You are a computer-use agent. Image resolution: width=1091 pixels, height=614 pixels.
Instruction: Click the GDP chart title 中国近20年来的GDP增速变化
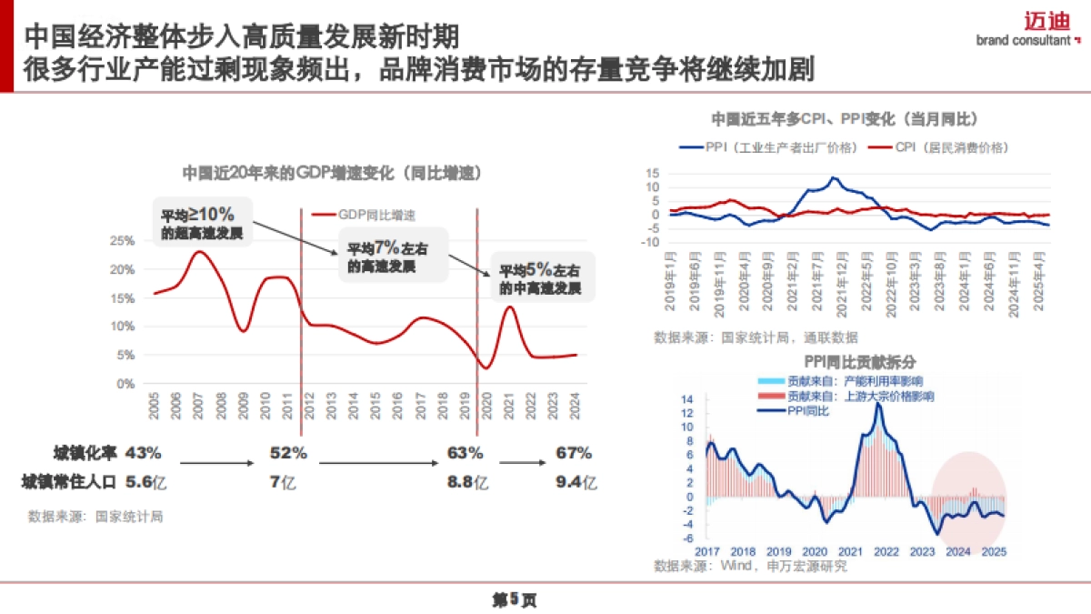click(331, 173)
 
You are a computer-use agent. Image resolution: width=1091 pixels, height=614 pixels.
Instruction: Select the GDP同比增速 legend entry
click(364, 215)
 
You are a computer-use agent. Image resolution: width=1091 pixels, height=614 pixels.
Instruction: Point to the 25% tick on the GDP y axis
click(122, 241)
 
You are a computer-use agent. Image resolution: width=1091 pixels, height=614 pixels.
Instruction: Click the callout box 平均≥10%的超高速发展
click(202, 223)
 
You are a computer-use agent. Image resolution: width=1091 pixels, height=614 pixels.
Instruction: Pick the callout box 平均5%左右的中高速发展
click(540, 279)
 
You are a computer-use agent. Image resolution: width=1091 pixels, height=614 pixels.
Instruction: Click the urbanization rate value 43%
click(144, 453)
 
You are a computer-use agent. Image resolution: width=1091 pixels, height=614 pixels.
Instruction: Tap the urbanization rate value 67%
click(574, 453)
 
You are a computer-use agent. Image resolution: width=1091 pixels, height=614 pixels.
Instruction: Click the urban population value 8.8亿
click(466, 482)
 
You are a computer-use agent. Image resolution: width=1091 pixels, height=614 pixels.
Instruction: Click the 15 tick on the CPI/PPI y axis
click(651, 173)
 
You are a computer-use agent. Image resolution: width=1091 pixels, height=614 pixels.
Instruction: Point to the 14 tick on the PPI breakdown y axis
click(687, 398)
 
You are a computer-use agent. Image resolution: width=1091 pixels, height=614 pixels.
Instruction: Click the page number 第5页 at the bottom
click(514, 599)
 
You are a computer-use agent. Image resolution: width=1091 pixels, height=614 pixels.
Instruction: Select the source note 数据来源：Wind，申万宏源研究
click(750, 566)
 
